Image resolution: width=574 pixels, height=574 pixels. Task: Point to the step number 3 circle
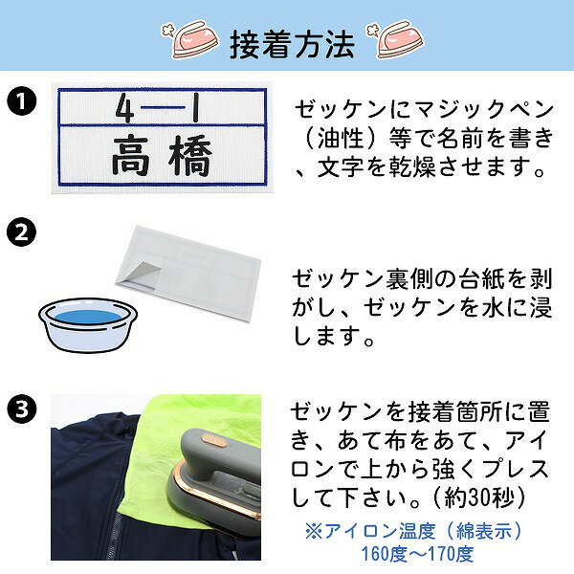(23, 410)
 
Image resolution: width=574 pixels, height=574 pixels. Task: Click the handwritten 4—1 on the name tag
(155, 110)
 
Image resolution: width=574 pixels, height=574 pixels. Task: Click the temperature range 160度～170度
(416, 554)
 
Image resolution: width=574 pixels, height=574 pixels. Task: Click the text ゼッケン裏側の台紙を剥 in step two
(421, 278)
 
